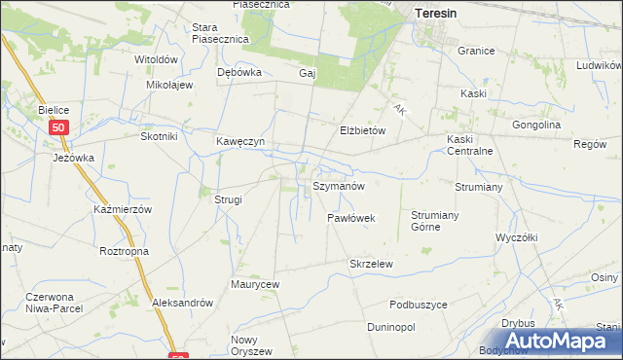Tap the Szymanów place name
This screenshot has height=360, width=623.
pyautogui.click(x=339, y=185)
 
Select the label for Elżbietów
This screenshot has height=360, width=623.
pyautogui.click(x=363, y=129)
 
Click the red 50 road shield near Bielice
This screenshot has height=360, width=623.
pyautogui.click(x=60, y=127)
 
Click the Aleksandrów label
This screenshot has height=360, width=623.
pyautogui.click(x=182, y=303)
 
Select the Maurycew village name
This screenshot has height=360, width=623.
pyautogui.click(x=255, y=284)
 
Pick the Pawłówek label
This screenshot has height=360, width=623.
pyautogui.click(x=351, y=218)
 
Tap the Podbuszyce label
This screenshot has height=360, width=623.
pyautogui.click(x=418, y=305)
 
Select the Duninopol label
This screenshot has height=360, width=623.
pyautogui.click(x=391, y=327)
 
